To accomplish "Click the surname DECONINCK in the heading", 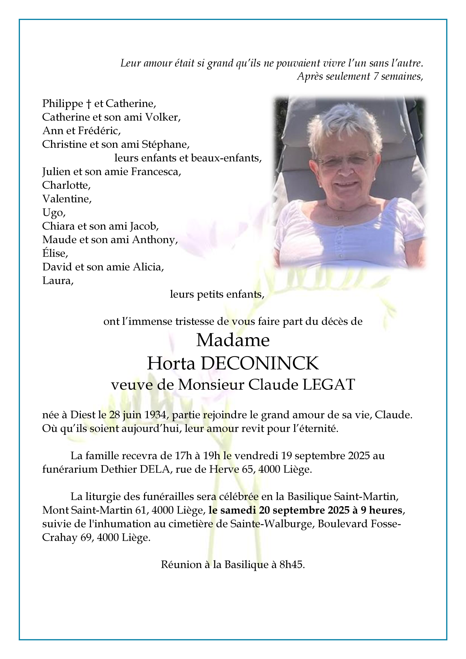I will coord(260,363).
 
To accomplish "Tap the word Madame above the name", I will coord(233,340).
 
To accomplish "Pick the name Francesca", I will coord(156,172).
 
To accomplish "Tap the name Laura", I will coord(57,281).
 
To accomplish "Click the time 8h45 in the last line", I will coord(292,565).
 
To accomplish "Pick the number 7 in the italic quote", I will coord(375,77).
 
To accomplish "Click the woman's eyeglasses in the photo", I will coord(345,158).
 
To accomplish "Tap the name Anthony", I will coord(154,240).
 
